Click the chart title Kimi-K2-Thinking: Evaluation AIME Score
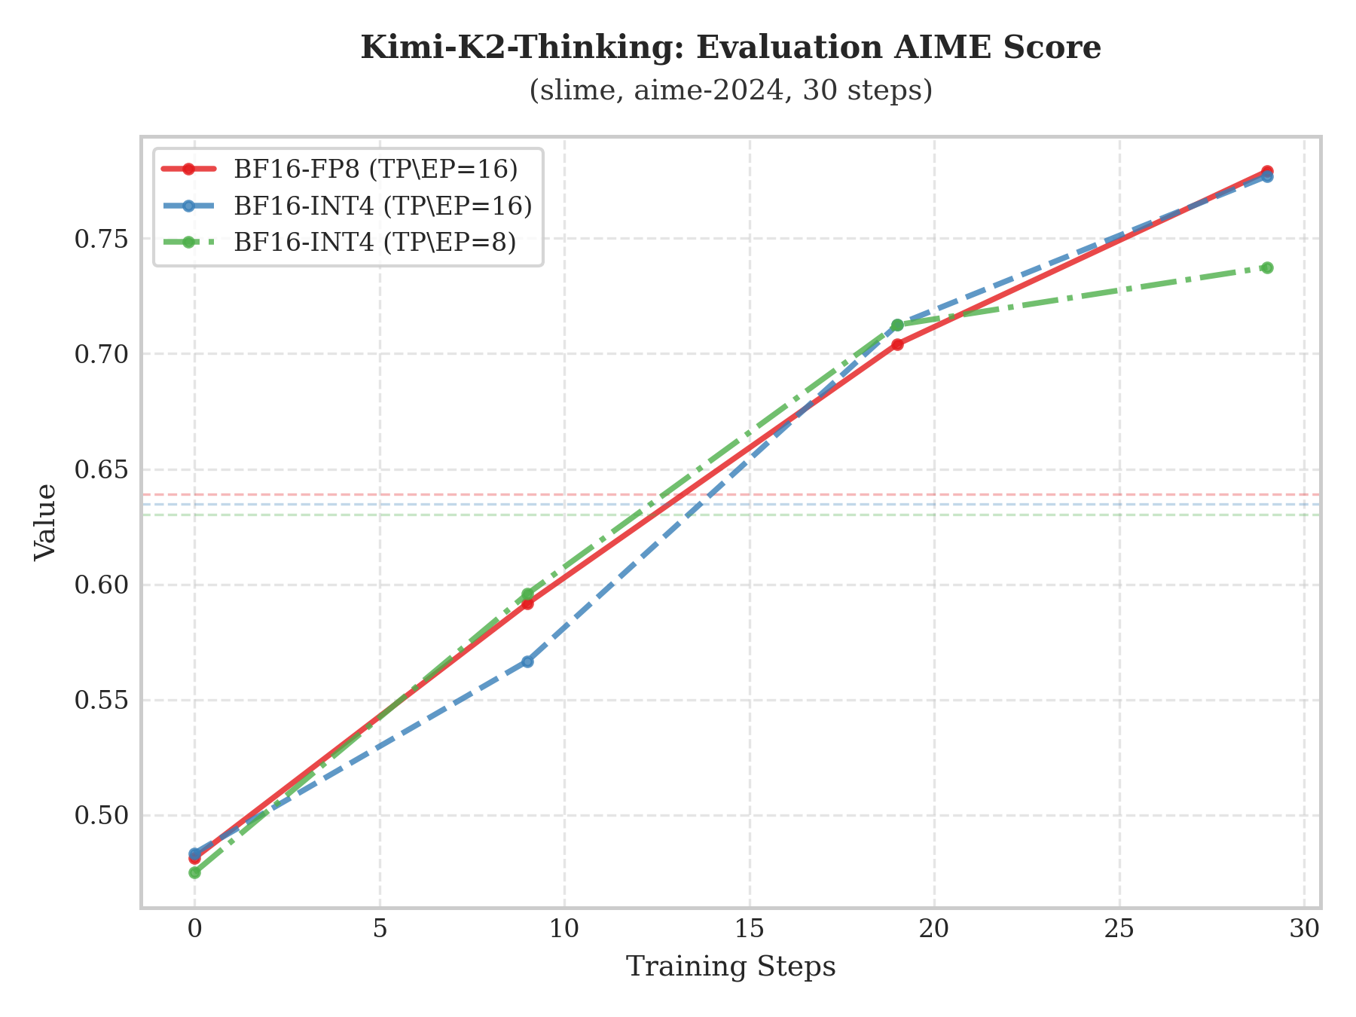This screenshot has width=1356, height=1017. [x=730, y=47]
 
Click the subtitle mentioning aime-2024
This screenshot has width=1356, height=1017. [x=730, y=90]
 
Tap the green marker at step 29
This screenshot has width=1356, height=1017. [x=1267, y=267]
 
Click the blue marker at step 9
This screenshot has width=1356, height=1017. [x=527, y=661]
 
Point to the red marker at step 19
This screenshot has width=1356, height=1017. [x=897, y=344]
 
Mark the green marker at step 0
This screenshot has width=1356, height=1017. [x=194, y=872]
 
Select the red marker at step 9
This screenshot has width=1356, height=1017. [x=527, y=603]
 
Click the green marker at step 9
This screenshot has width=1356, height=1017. [x=527, y=594]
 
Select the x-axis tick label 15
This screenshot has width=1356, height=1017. [x=750, y=929]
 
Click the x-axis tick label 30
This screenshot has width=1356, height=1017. [x=1304, y=929]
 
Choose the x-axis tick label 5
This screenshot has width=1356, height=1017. [x=380, y=929]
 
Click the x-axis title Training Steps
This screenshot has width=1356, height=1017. [x=730, y=967]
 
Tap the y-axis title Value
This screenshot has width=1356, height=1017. [x=46, y=521]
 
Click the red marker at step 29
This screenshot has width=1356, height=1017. [x=1267, y=171]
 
